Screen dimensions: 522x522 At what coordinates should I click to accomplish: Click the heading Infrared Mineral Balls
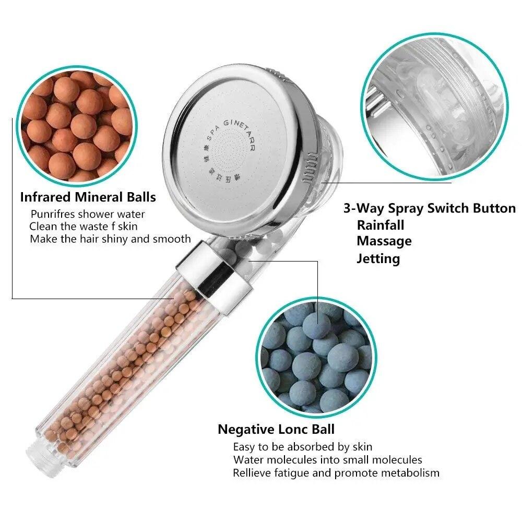(x=88, y=197)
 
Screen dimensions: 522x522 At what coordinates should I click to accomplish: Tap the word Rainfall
(x=381, y=225)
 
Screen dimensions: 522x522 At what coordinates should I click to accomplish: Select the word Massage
(x=384, y=241)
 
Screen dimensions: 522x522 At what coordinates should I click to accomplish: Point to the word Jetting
(x=378, y=258)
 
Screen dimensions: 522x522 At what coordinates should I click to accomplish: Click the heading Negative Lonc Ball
(x=276, y=430)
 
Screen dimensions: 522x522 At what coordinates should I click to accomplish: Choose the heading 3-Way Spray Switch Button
(x=429, y=208)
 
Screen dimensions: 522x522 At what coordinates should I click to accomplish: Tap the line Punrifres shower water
(x=88, y=214)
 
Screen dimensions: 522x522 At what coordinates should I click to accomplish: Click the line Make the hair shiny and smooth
(x=110, y=239)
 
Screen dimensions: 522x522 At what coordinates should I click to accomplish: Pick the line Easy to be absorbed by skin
(x=303, y=447)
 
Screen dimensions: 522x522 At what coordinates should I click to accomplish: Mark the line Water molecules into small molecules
(x=327, y=460)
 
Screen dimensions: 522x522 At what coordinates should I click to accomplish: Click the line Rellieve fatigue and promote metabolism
(x=336, y=473)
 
